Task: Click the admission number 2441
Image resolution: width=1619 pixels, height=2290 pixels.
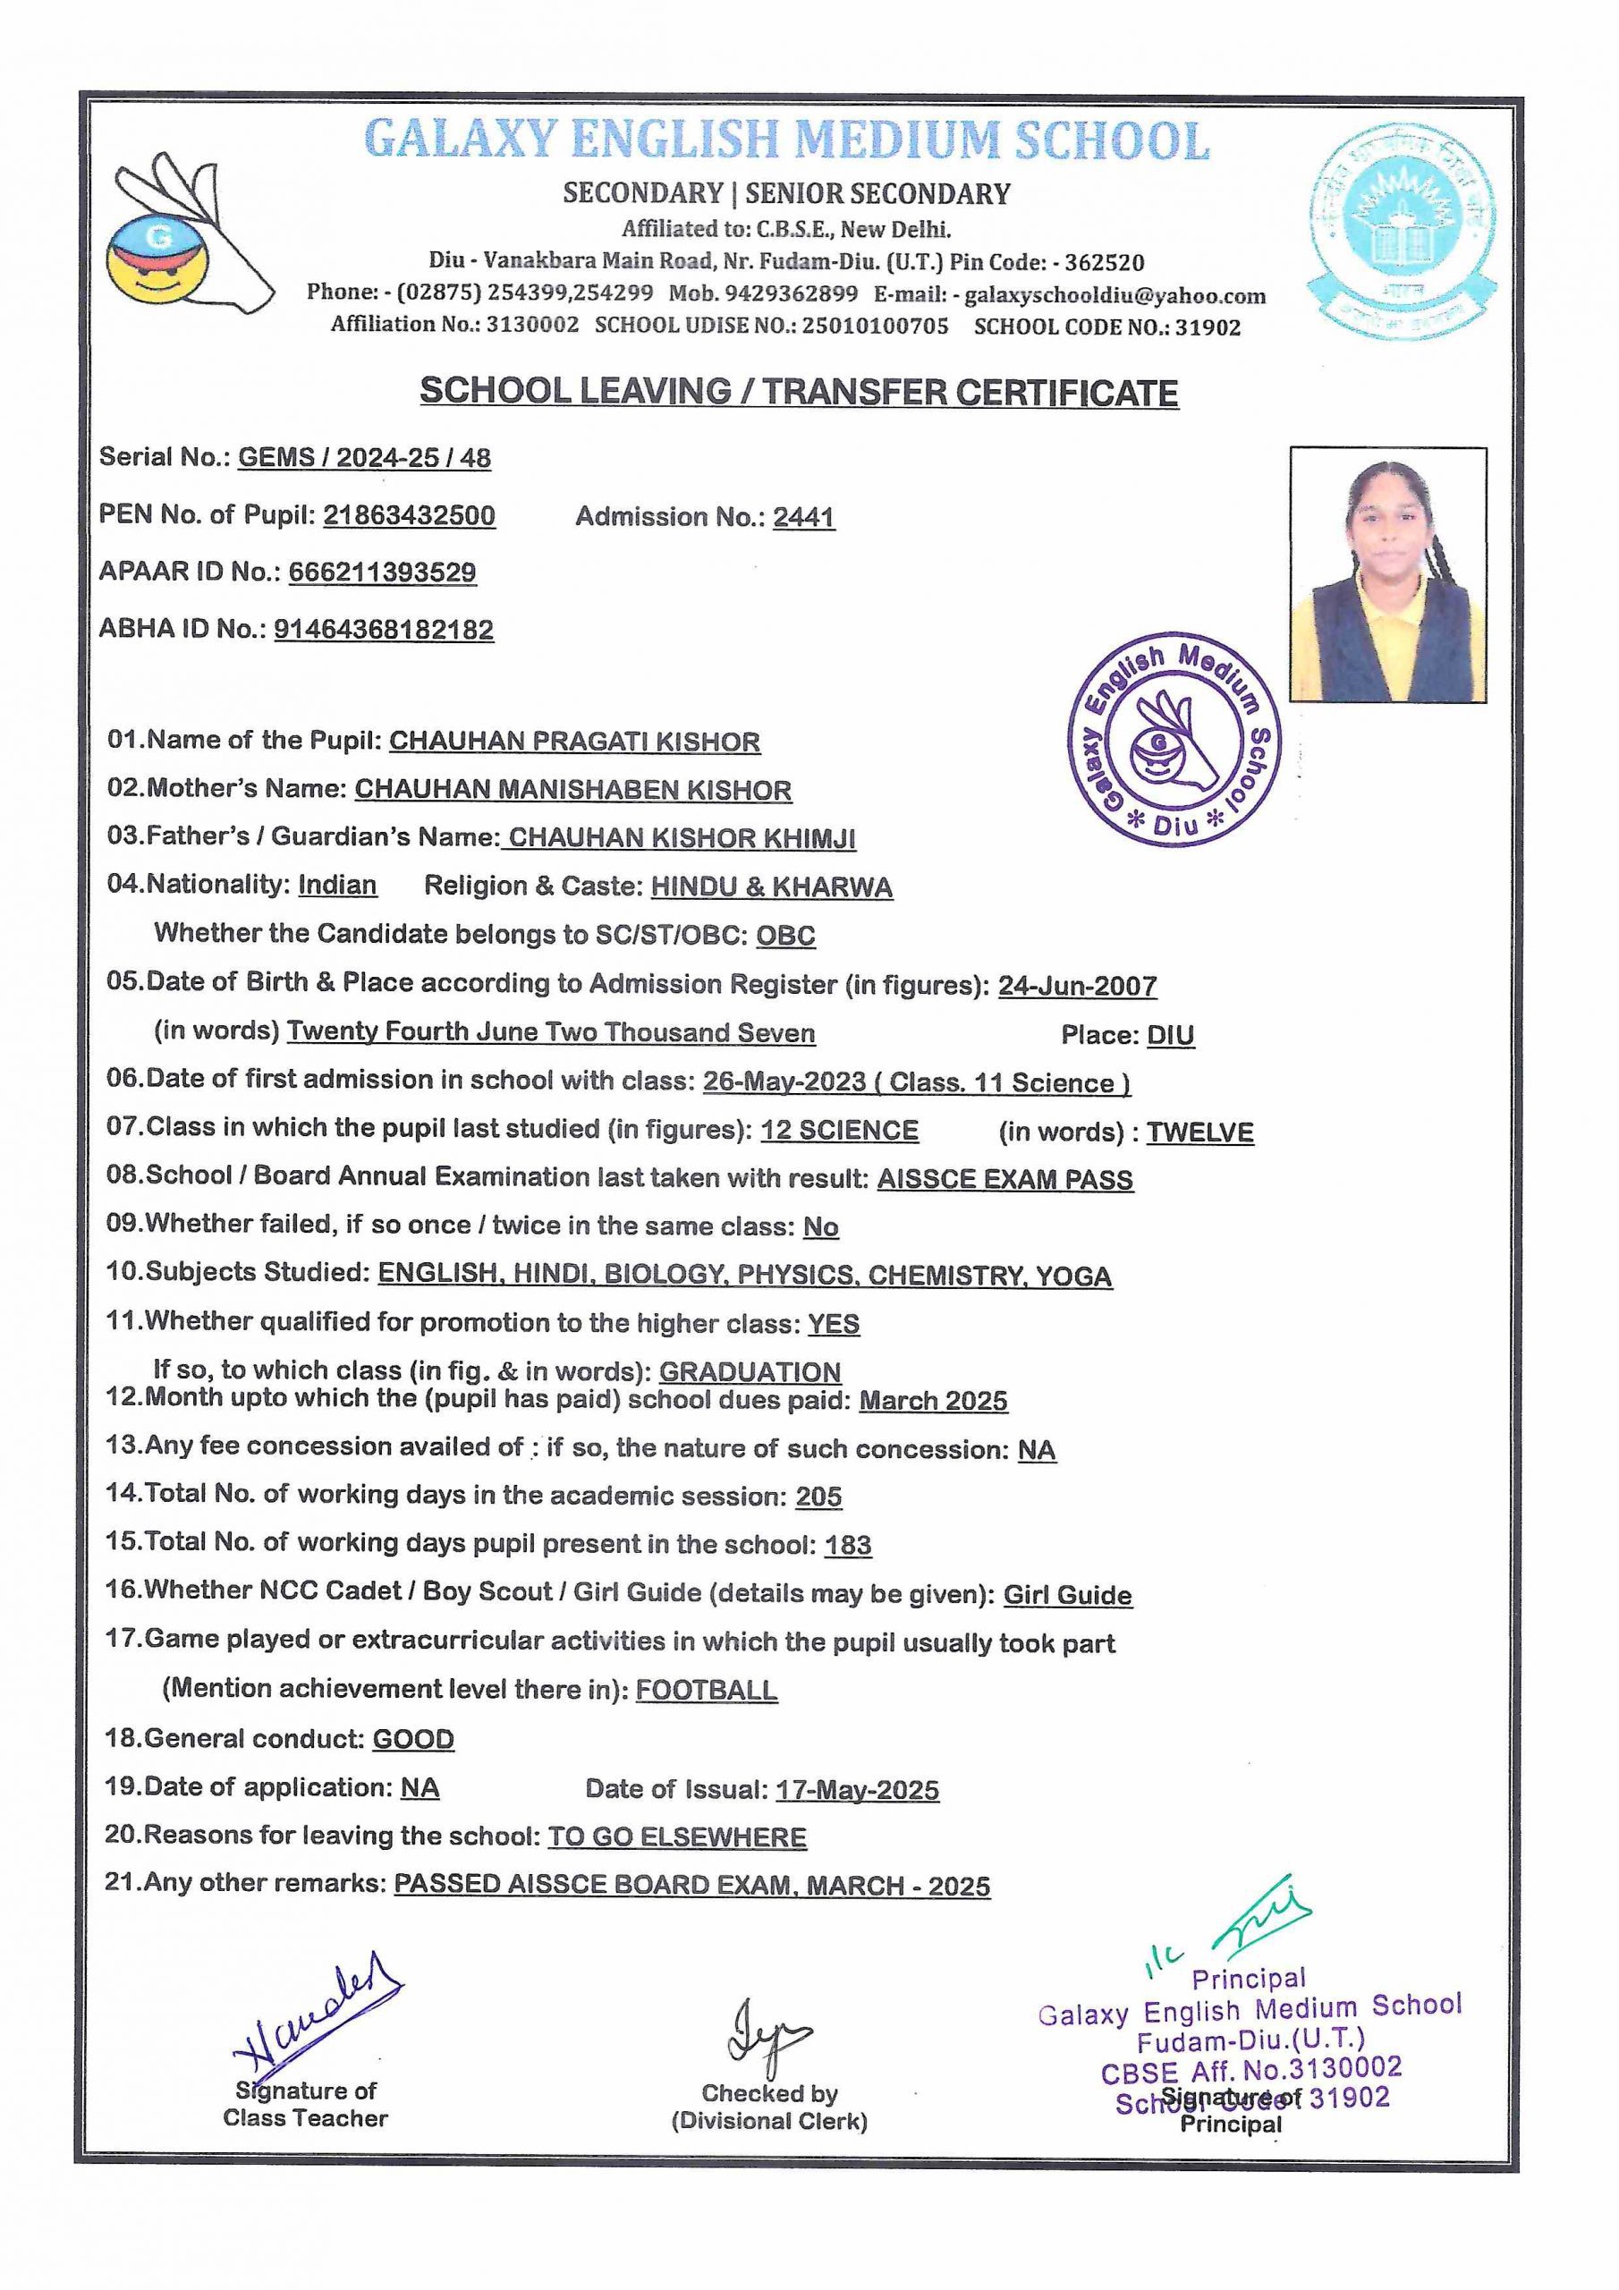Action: (x=803, y=517)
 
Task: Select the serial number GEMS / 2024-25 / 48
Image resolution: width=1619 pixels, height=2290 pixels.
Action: (x=364, y=458)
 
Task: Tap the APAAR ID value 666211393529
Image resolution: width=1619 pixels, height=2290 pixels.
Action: (x=382, y=572)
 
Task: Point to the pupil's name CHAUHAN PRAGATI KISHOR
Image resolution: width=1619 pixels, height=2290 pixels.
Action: (x=573, y=742)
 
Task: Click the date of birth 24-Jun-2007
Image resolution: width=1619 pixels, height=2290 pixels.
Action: (x=1077, y=987)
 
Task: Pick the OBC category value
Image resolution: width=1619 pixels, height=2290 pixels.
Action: (x=785, y=936)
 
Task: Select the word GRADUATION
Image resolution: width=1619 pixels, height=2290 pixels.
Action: (x=750, y=1371)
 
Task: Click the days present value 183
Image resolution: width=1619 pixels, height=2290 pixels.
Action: (x=848, y=1545)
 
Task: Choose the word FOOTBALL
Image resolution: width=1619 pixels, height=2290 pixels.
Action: (x=707, y=1690)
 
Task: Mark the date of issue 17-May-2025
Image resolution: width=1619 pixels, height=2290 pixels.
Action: (x=857, y=1790)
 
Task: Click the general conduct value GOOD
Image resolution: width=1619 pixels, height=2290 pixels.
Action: (x=413, y=1740)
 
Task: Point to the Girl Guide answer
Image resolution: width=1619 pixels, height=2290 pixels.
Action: (x=1067, y=1596)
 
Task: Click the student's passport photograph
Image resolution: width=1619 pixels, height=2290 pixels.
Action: (x=1387, y=575)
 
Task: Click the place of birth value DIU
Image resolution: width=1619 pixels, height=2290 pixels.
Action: (x=1170, y=1035)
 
